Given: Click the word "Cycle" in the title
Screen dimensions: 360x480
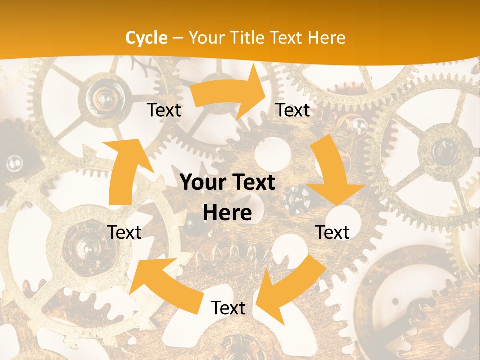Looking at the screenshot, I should click(146, 38).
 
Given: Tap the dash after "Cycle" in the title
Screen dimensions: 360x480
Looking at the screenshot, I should click(178, 38).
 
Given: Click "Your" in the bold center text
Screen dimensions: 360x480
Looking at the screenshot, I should click(201, 183).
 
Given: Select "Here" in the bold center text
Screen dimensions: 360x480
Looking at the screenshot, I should click(227, 213).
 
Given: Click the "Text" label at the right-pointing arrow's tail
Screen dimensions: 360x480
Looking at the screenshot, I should click(164, 110).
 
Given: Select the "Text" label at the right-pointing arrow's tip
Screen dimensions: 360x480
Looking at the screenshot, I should click(293, 110).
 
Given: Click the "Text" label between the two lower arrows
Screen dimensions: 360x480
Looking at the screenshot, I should click(228, 308).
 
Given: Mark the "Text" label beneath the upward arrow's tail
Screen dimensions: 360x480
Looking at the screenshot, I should click(125, 232).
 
